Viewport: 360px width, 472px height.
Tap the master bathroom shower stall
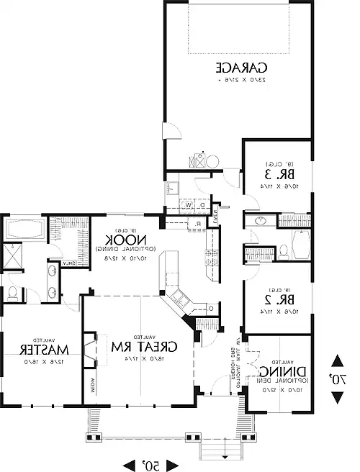12,256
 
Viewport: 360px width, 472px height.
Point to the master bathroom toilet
12,294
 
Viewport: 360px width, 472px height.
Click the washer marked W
188,206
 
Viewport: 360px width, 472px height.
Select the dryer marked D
204,206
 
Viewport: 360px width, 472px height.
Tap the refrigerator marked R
197,224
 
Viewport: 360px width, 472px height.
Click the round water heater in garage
214,160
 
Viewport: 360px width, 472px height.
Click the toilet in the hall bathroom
284,251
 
